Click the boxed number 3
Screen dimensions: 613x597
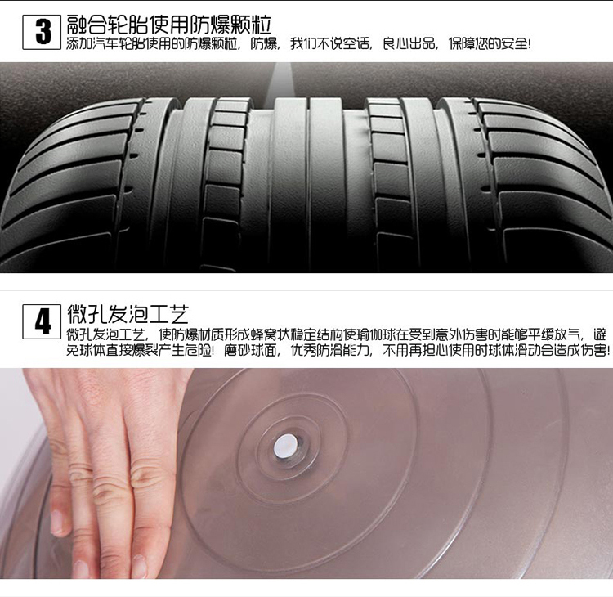click(42, 32)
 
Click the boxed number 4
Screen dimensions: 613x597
click(42, 321)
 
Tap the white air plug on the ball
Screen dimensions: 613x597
click(285, 446)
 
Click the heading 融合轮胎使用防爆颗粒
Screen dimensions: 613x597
click(169, 25)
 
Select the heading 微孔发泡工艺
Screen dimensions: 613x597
click(128, 313)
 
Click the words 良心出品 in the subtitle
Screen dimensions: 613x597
click(409, 43)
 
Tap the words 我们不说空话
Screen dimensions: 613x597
click(329, 43)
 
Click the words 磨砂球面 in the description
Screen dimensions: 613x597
click(250, 350)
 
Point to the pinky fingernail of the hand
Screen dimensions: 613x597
click(56, 523)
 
